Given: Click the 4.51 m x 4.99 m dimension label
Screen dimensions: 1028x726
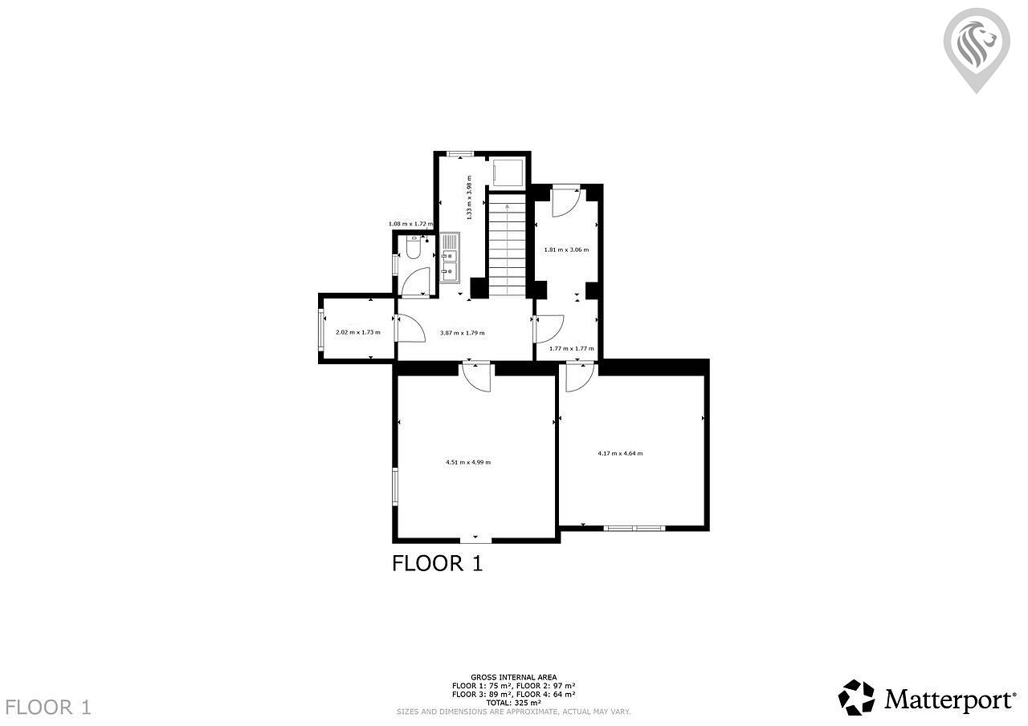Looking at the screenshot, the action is coord(468,462).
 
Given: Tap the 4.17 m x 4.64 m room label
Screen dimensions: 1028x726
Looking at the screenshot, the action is coord(620,453).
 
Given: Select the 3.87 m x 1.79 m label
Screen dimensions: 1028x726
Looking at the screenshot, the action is coord(462,333).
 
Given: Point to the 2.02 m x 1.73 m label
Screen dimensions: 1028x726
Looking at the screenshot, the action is coord(358,332).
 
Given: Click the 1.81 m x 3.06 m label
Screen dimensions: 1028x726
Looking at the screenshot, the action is coord(566,249).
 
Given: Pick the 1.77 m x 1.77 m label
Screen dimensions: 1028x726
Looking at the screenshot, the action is coord(571,348).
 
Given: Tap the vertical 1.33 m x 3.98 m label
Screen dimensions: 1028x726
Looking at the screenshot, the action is coord(469,197).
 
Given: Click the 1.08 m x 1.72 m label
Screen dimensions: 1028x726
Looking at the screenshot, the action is coord(410,224).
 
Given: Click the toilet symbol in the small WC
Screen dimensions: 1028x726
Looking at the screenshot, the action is coord(414,247).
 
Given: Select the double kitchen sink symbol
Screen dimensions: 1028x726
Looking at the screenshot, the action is coord(450,258).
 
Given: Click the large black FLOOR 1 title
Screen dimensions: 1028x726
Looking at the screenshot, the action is coord(438,564).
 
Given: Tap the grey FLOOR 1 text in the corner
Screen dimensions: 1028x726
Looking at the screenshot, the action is coord(48,708).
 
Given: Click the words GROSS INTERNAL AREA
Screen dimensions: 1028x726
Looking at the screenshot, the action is coord(513,677).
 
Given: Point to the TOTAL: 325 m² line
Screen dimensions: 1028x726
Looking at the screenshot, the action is coord(513,703).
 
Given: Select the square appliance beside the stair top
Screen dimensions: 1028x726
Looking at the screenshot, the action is coord(507,172).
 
